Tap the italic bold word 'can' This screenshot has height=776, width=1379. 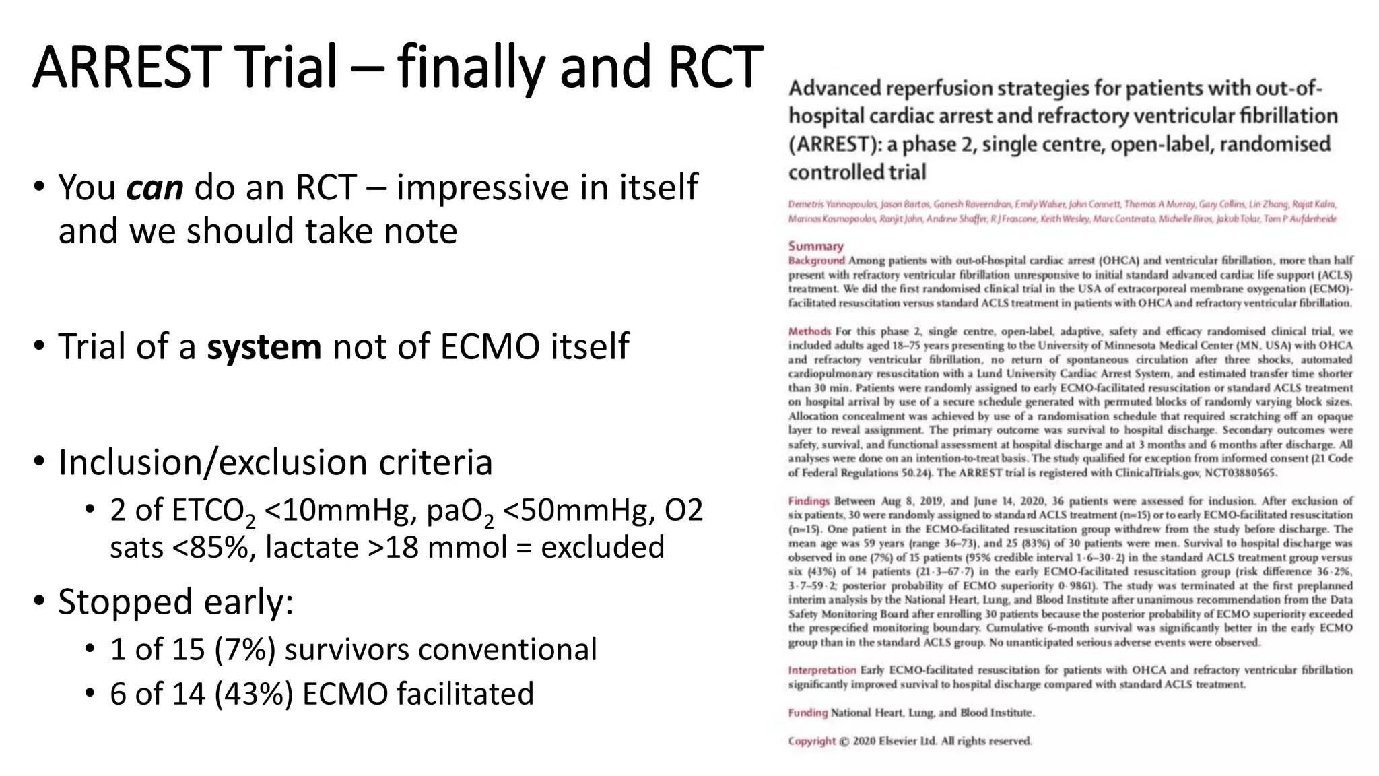point(155,188)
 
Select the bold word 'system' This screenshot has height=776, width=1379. point(264,347)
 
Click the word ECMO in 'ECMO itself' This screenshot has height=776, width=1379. point(490,347)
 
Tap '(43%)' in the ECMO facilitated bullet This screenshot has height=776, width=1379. point(254,694)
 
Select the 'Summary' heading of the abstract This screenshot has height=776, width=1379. point(815,247)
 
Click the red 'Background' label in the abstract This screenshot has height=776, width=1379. point(816,261)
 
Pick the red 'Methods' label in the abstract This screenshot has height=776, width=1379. point(809,331)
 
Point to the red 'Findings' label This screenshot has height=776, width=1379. point(809,501)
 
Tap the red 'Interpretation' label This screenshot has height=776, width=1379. point(821,670)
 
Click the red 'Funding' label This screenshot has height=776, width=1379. point(807,713)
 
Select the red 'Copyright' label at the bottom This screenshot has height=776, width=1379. point(812,741)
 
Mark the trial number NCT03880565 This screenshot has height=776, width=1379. point(1240,473)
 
